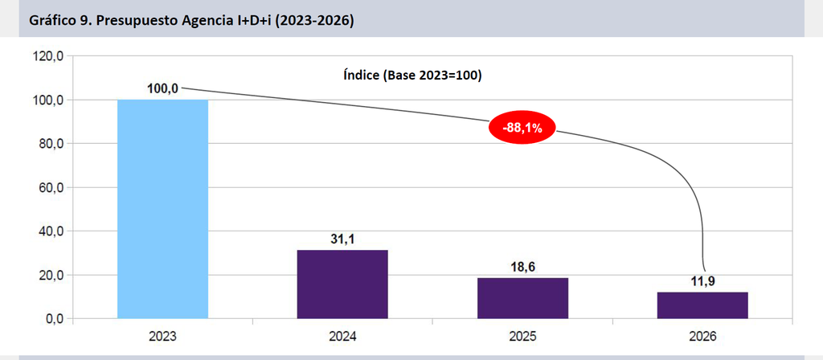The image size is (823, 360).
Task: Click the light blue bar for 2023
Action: click(x=162, y=209)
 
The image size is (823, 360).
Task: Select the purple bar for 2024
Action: click(x=342, y=284)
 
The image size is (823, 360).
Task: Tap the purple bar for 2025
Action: click(x=522, y=298)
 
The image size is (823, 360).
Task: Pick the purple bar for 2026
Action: click(x=702, y=305)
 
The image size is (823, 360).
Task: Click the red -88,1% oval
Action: click(x=522, y=128)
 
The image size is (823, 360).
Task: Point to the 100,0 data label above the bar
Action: click(x=162, y=89)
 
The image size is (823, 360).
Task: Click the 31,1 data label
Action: click(x=342, y=239)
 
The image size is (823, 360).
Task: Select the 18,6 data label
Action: click(x=522, y=267)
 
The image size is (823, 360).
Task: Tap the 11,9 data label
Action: click(x=702, y=282)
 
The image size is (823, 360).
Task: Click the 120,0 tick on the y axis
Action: click(x=47, y=56)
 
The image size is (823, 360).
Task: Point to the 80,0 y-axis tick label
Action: click(x=51, y=144)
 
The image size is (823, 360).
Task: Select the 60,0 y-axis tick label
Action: click(x=51, y=187)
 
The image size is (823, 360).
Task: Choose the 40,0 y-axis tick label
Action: click(x=51, y=231)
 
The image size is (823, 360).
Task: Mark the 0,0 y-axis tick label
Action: click(x=54, y=319)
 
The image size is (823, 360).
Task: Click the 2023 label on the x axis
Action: click(x=162, y=337)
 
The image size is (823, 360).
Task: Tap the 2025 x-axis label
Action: click(x=522, y=337)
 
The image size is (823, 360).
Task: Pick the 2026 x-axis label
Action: click(x=702, y=337)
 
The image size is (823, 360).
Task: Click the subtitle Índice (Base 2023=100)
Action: click(x=412, y=76)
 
